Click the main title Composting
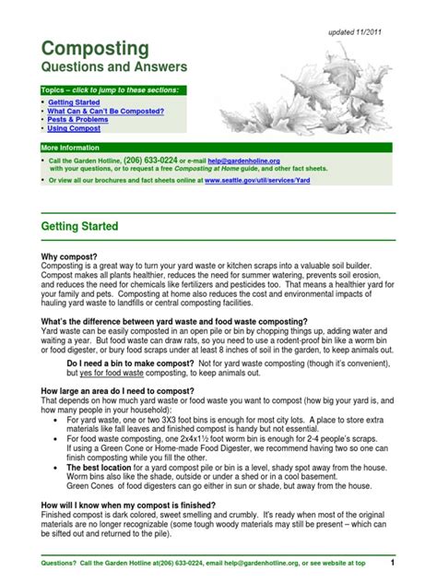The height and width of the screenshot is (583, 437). pyautogui.click(x=96, y=49)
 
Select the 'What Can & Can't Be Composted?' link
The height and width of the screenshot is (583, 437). pyautogui.click(x=106, y=111)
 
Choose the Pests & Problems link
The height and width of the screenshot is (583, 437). pyautogui.click(x=79, y=119)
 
